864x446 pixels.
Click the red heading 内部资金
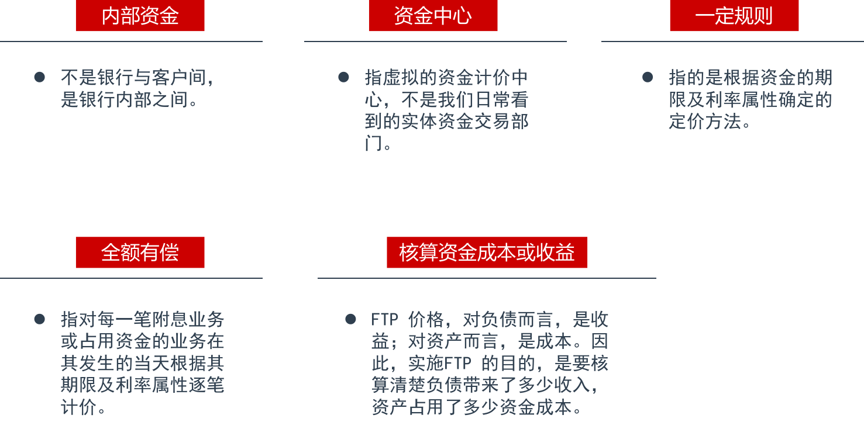pos(140,16)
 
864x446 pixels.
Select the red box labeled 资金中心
pos(433,16)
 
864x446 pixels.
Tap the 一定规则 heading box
pos(734,16)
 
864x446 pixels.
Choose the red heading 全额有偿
pos(140,253)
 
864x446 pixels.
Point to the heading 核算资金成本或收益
pos(487,253)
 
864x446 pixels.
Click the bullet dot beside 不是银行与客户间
pos(40,77)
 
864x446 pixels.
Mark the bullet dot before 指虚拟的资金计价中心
pos(343,77)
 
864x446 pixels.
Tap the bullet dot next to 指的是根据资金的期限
pos(648,77)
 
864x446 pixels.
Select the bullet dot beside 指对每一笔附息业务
pos(40,319)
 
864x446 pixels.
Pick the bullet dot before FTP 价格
pos(350,319)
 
